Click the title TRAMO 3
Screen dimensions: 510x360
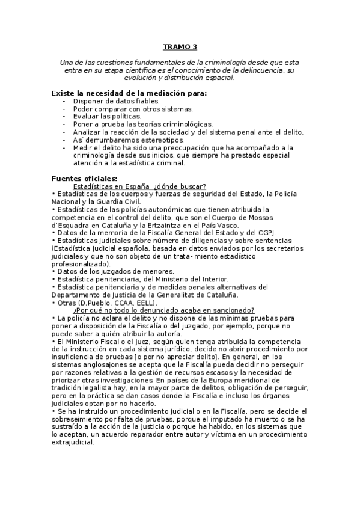coord(180,46)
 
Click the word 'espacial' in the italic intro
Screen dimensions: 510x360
coord(219,78)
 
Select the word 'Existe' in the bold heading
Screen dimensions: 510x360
coord(65,93)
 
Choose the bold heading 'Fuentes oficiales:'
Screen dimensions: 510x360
coord(85,178)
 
